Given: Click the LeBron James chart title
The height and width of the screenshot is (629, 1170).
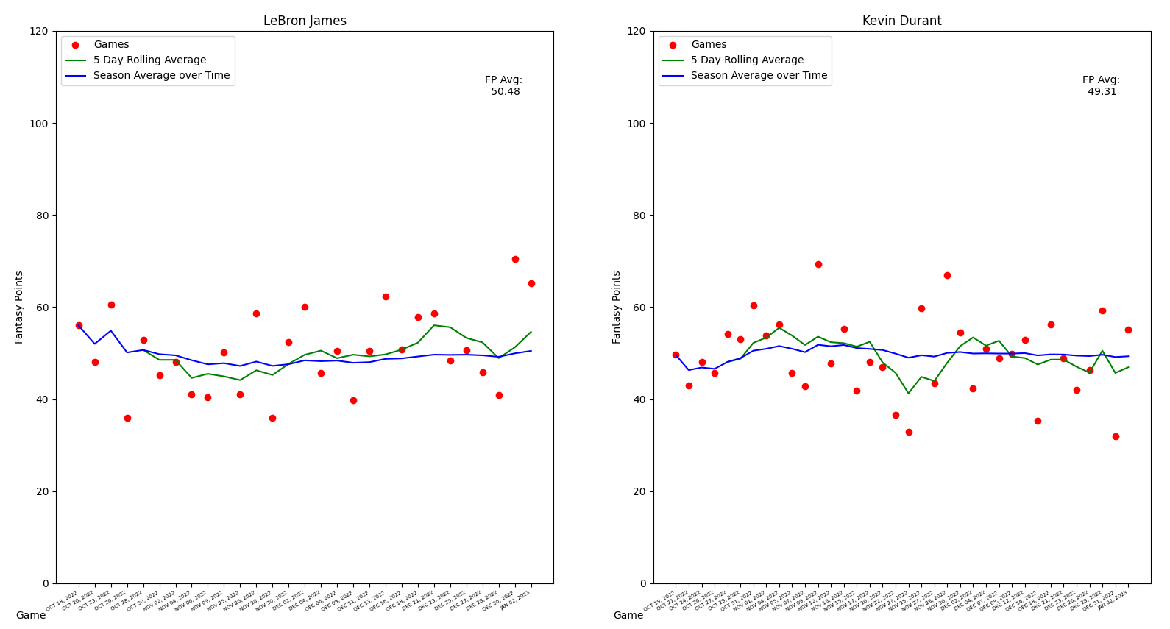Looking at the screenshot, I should click(x=305, y=21).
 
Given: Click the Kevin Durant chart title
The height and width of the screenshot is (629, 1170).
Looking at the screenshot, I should click(x=901, y=21).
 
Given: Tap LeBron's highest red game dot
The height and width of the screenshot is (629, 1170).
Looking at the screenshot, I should click(x=515, y=259).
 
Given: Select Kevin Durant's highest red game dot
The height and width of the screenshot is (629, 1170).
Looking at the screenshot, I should click(x=818, y=264).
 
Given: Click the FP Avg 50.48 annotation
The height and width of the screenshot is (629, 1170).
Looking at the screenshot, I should click(x=504, y=86).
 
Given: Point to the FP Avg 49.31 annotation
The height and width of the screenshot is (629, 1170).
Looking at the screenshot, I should click(x=1101, y=86).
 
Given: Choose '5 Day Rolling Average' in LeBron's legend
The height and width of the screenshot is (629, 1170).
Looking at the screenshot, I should click(x=149, y=60).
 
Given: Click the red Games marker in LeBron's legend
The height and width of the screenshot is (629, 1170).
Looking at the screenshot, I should click(x=75, y=45).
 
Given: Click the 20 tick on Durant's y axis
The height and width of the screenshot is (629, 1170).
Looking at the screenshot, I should click(x=639, y=491).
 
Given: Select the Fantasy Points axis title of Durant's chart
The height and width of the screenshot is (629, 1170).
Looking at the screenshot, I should click(x=617, y=307).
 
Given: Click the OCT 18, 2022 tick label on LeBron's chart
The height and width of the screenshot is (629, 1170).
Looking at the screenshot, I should click(x=63, y=600).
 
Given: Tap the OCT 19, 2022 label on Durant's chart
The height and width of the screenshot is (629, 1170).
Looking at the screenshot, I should click(x=660, y=600).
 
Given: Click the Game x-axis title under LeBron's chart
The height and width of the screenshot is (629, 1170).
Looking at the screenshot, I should click(x=31, y=616).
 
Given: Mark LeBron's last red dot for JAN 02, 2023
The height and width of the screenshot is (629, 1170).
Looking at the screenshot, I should click(x=531, y=283).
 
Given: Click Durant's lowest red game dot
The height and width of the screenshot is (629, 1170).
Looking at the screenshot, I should click(x=1116, y=436).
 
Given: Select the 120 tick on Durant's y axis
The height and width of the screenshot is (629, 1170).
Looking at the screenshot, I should click(x=637, y=32).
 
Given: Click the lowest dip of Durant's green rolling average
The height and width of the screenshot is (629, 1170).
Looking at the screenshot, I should click(x=908, y=393).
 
